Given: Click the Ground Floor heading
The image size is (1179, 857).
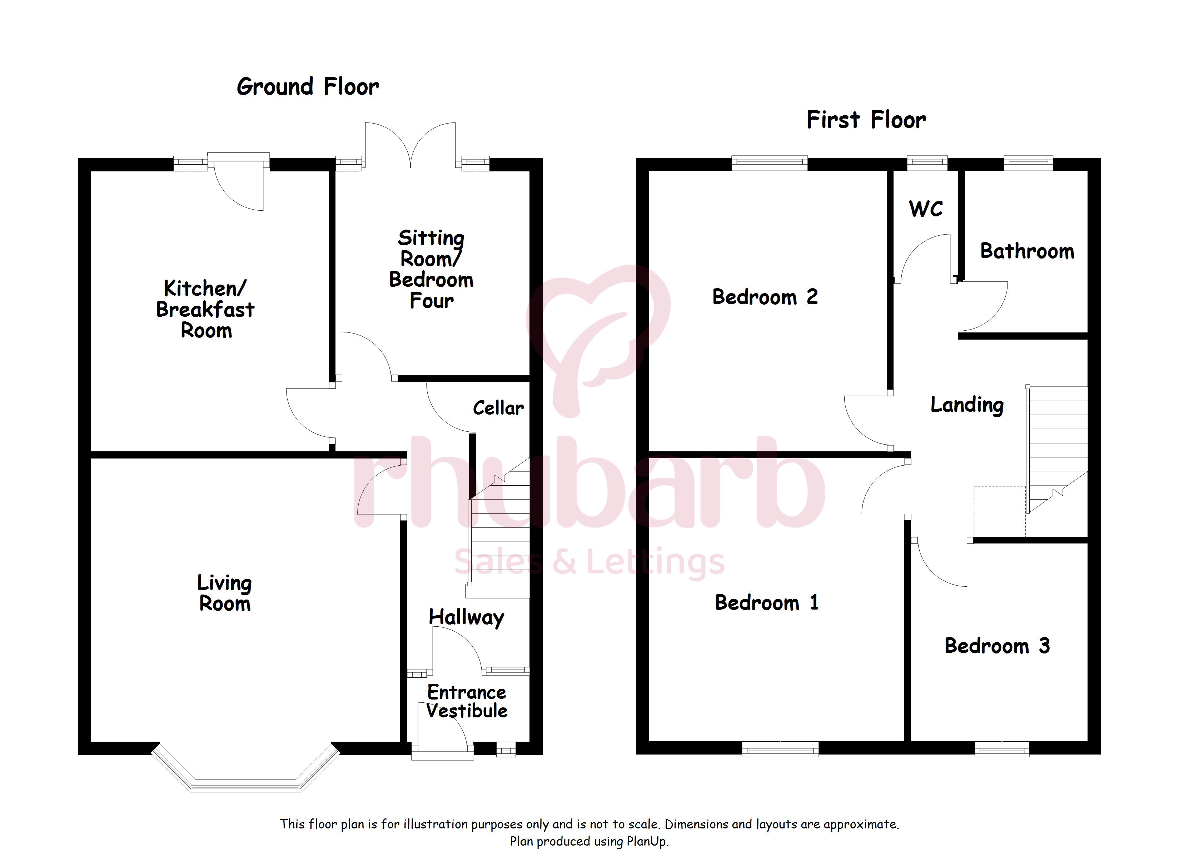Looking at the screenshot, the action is click(x=308, y=87).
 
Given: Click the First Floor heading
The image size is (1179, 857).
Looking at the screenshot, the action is click(x=866, y=120).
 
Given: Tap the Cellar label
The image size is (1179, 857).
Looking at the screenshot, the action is click(x=498, y=408).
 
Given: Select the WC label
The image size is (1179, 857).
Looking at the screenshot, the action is click(x=926, y=209).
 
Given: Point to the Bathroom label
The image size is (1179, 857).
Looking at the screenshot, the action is click(x=1027, y=251).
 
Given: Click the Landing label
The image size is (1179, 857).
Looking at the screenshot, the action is click(x=967, y=405).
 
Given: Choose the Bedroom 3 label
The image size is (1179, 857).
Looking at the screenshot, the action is click(x=997, y=646).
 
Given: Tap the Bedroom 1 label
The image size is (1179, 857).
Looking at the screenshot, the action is click(x=767, y=603).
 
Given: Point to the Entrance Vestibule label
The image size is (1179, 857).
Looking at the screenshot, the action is click(x=467, y=702).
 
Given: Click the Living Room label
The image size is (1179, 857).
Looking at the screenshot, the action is click(x=225, y=593).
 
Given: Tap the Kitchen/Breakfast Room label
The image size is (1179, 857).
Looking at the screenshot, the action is click(x=205, y=309).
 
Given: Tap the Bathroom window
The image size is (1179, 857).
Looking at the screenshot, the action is click(x=1028, y=163).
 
